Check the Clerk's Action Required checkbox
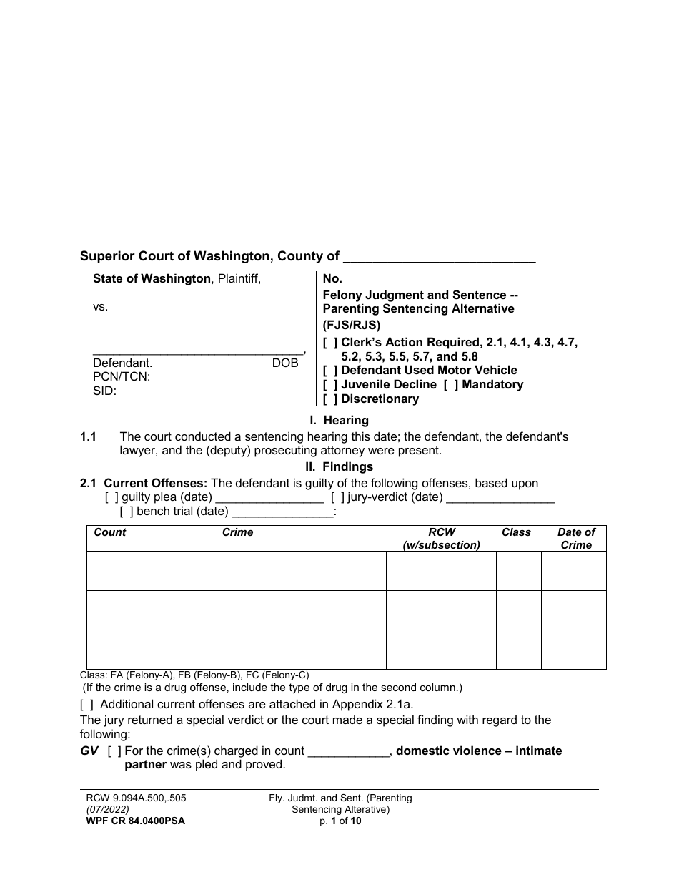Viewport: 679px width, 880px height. pyautogui.click(x=330, y=343)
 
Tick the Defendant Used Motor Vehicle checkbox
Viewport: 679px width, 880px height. pyautogui.click(x=330, y=371)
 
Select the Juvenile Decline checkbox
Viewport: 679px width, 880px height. pyautogui.click(x=330, y=385)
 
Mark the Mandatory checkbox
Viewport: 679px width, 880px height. pyautogui.click(x=451, y=385)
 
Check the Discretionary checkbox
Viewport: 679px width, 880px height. pyautogui.click(x=330, y=399)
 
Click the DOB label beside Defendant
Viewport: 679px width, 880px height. pyautogui.click(x=285, y=363)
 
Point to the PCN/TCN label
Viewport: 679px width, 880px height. pyautogui.click(x=122, y=377)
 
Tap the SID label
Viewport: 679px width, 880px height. pyautogui.click(x=104, y=391)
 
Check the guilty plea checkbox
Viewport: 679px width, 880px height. pyautogui.click(x=111, y=497)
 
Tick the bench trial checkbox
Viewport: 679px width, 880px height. pyautogui.click(x=127, y=512)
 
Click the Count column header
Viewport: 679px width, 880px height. pyautogui.click(x=110, y=532)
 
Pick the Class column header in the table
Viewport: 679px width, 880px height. pyautogui.click(x=516, y=532)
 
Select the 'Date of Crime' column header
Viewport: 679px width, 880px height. pyautogui.click(x=576, y=539)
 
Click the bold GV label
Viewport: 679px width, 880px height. pyautogui.click(x=89, y=751)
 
